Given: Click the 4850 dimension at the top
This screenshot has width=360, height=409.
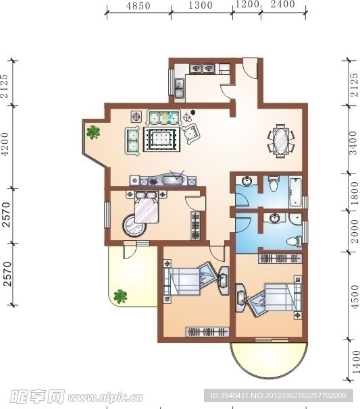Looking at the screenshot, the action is [138, 6].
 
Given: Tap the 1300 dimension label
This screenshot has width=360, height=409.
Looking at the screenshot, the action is [201, 5].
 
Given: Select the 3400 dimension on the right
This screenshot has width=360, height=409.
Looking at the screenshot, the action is [353, 143].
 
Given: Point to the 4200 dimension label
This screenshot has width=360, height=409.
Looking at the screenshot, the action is [5, 144].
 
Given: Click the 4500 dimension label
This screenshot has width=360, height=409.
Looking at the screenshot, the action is [355, 297].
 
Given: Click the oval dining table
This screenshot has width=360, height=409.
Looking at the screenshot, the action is [281, 141].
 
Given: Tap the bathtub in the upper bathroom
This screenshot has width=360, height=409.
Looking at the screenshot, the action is [295, 192].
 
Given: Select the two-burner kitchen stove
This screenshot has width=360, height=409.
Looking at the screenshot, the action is [202, 69].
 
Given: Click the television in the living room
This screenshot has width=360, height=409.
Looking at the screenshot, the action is [173, 180].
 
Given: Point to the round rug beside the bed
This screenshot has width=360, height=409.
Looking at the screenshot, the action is [134, 225].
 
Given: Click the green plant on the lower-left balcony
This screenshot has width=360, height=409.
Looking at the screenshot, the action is [120, 296].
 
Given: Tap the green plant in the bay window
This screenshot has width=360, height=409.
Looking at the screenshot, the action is [93, 132].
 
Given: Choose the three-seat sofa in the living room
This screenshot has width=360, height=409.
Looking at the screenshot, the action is [164, 118].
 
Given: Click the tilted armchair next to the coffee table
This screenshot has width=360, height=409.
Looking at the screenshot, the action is [191, 134].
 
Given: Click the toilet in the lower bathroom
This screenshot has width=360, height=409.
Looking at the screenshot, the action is [293, 241].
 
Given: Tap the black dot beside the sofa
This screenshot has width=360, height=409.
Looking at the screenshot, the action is [193, 113].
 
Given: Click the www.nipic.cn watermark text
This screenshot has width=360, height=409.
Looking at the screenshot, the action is [105, 398].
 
